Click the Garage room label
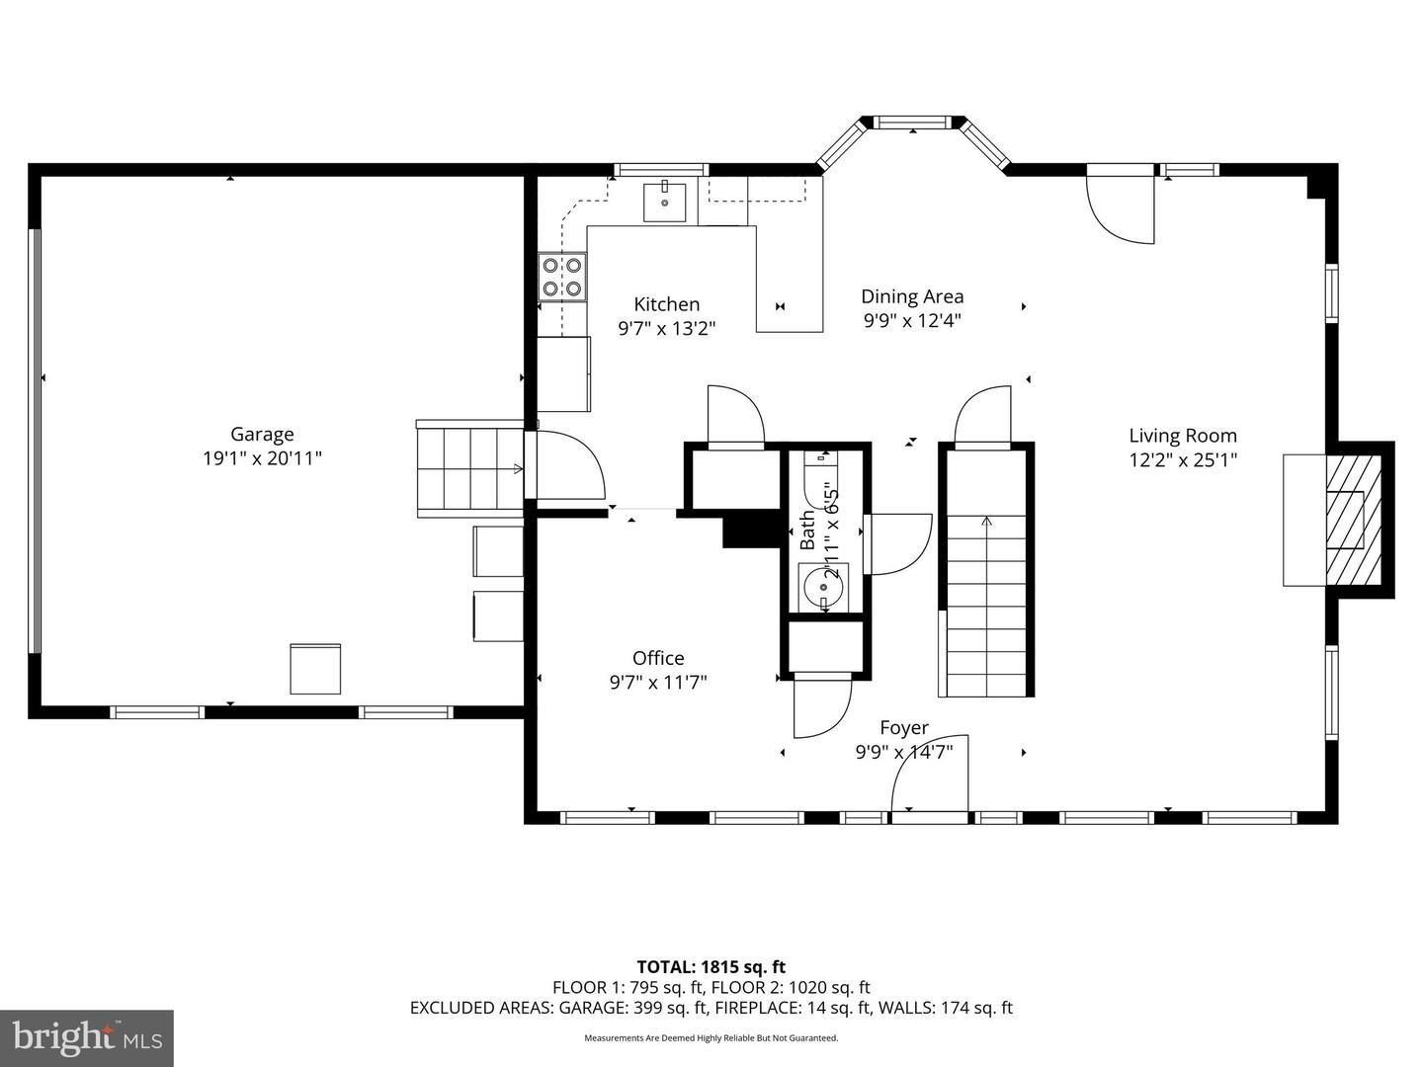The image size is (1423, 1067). [x=262, y=434]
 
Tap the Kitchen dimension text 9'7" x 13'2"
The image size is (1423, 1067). [x=666, y=328]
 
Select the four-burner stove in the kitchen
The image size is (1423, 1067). [x=562, y=277]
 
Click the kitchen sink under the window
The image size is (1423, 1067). [x=664, y=203]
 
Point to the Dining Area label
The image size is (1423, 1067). [x=912, y=296]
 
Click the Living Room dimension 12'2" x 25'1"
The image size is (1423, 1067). [x=1183, y=460]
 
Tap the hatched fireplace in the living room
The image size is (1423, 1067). [x=1353, y=521]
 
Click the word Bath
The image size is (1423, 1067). [x=807, y=531]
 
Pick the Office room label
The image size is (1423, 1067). [x=658, y=658]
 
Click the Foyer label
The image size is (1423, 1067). [x=904, y=727]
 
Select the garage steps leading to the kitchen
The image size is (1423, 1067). [x=470, y=468]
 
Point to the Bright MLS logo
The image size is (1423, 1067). [x=87, y=1037]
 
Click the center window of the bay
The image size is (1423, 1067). [x=913, y=122]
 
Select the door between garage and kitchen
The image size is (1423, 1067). [x=565, y=464]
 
